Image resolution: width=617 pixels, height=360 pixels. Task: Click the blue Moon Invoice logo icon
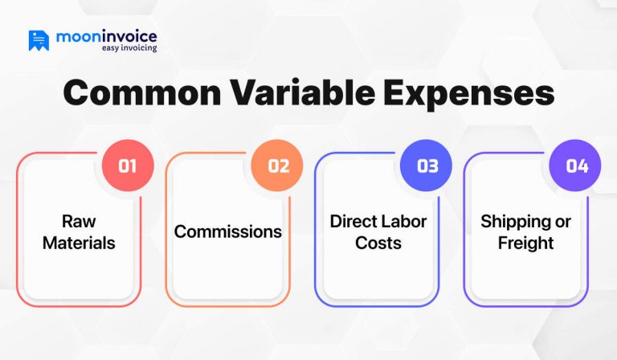coord(39,40)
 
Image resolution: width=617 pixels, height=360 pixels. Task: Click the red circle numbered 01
coord(128,166)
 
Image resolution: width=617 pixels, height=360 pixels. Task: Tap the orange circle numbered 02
coord(277,166)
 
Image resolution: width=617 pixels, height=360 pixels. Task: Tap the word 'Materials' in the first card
coord(79,242)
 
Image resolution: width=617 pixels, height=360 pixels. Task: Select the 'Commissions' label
coord(228,231)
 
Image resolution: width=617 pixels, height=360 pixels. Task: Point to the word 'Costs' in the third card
coord(378,242)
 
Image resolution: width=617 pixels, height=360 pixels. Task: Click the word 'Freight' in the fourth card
coord(525,242)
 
